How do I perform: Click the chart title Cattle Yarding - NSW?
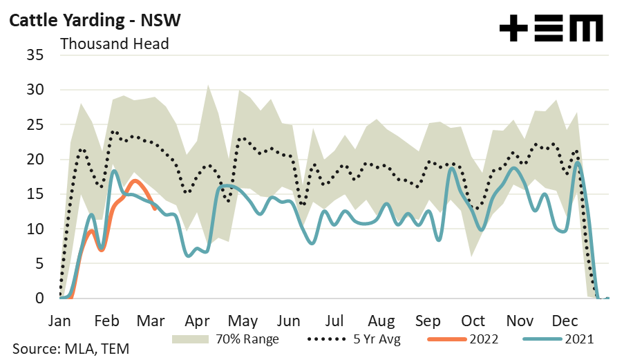coord(95,20)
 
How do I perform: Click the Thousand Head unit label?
coord(115,43)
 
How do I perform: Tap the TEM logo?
coord(551,28)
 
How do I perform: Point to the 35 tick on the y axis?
coord(34,55)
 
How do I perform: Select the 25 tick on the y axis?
coord(34,124)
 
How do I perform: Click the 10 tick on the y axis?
coord(34,229)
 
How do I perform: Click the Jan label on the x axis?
coord(60,321)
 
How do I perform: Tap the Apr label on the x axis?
coord(198,321)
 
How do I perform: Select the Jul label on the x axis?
coord(334,321)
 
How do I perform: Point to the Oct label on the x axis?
coord(473,321)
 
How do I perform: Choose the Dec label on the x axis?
coord(565,321)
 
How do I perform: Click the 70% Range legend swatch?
coord(189,339)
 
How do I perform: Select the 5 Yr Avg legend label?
coord(377,339)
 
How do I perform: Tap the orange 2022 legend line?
coord(448,339)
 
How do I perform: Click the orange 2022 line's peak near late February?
coord(136,181)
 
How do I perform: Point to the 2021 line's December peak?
coord(578,164)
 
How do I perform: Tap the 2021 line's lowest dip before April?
coord(189,256)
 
